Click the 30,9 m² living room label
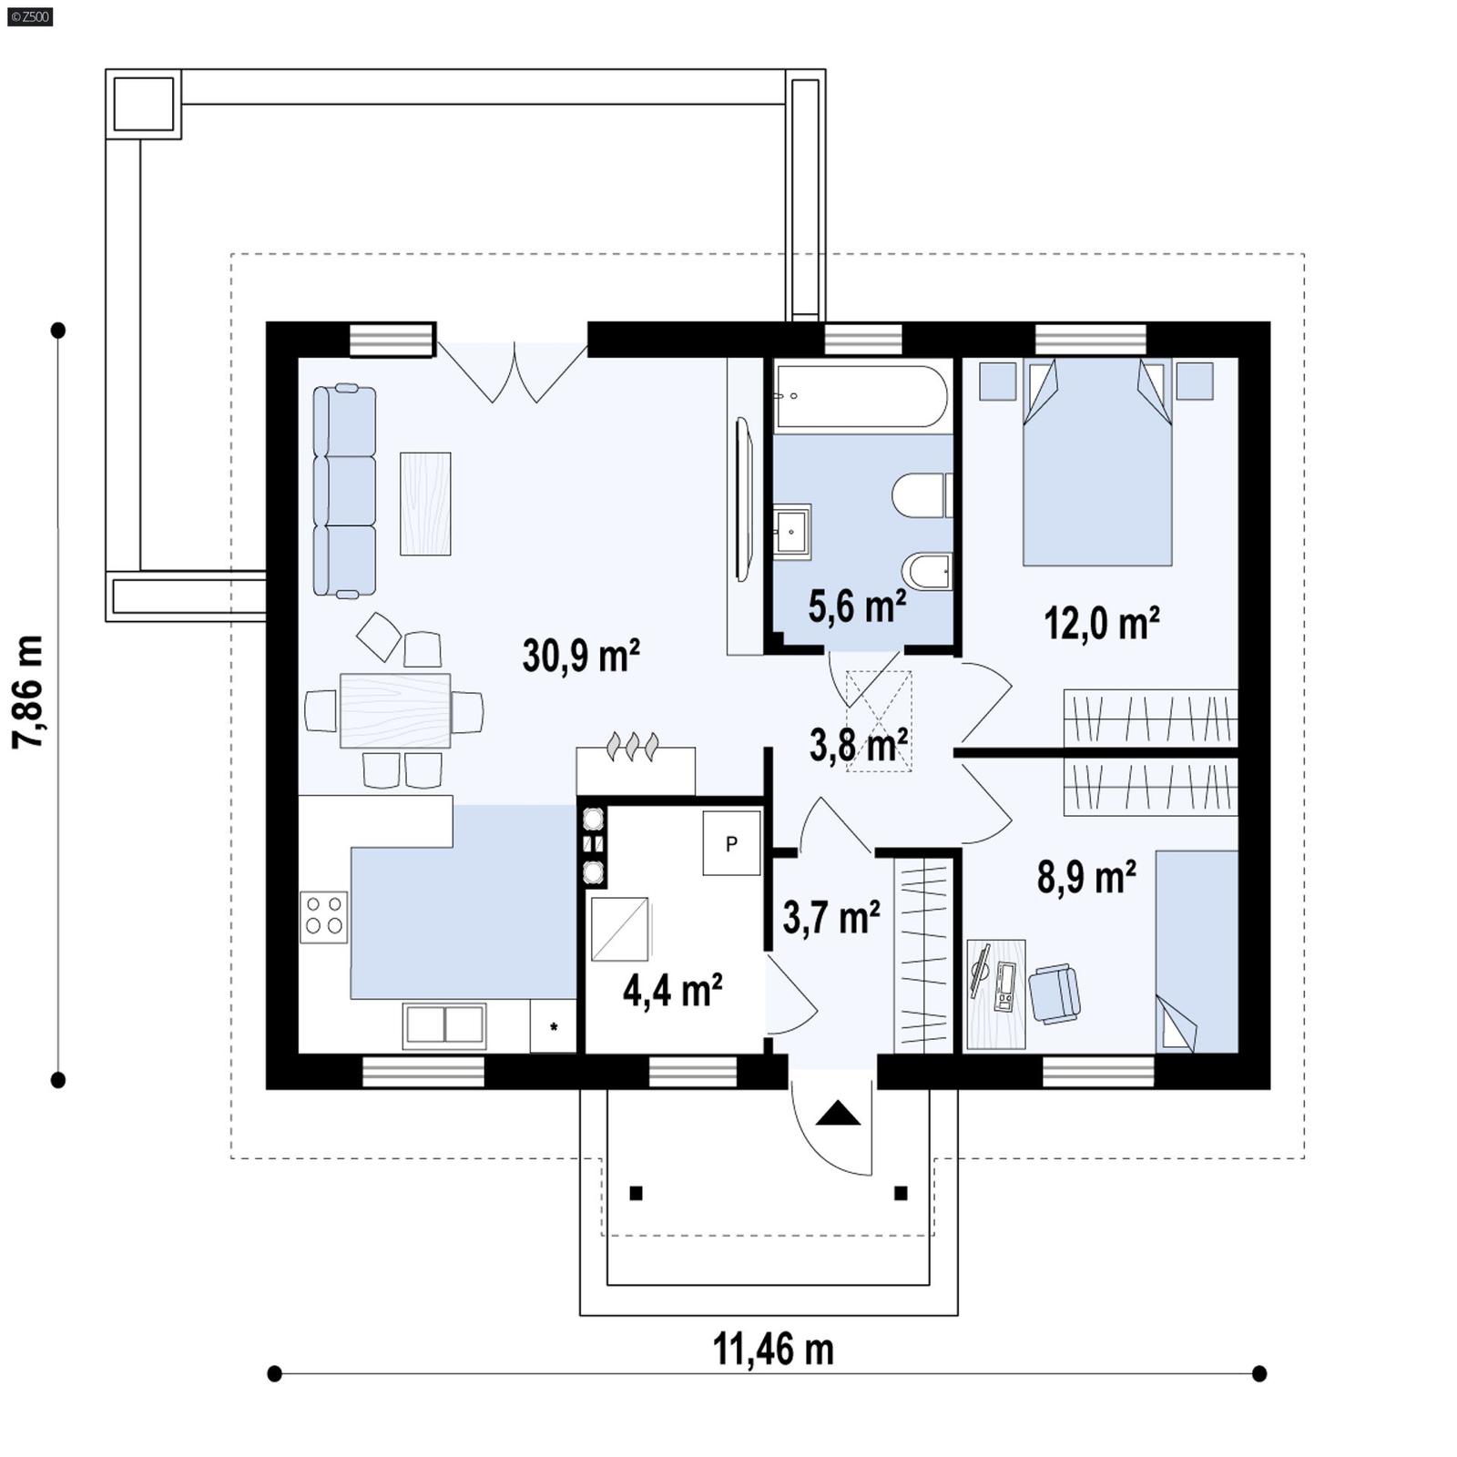point(581,656)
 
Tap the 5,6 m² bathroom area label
point(856,606)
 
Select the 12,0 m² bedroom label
point(1101,624)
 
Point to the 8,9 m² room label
point(1086,878)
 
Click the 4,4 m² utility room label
point(672,990)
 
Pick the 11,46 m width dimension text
point(772,1349)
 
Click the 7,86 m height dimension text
point(27,692)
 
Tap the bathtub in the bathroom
point(861,397)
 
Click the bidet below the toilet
point(927,572)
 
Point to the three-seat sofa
point(344,492)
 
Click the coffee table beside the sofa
point(425,504)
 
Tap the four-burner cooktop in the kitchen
point(324,915)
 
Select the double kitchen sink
point(444,1025)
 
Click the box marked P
point(731,844)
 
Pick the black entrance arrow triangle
point(838,1114)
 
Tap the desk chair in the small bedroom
point(1055,993)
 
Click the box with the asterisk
point(553,1026)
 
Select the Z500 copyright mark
point(29,16)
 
